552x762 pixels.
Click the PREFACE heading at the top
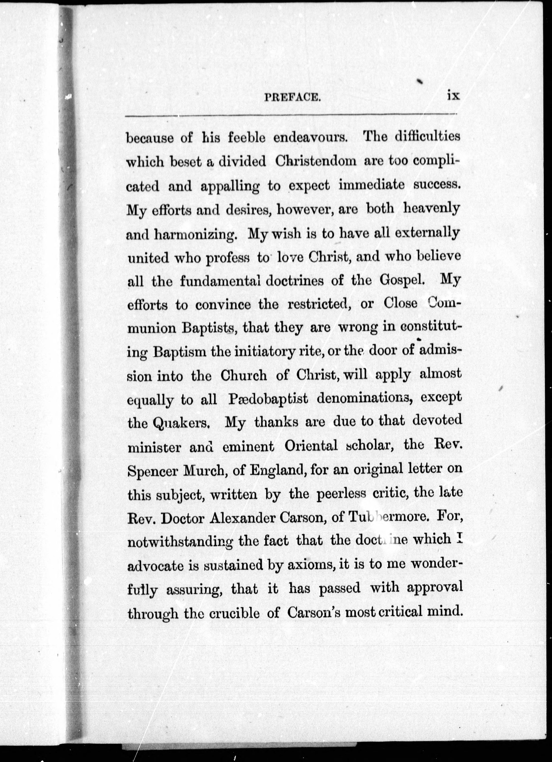coord(292,97)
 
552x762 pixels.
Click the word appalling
coord(230,187)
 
